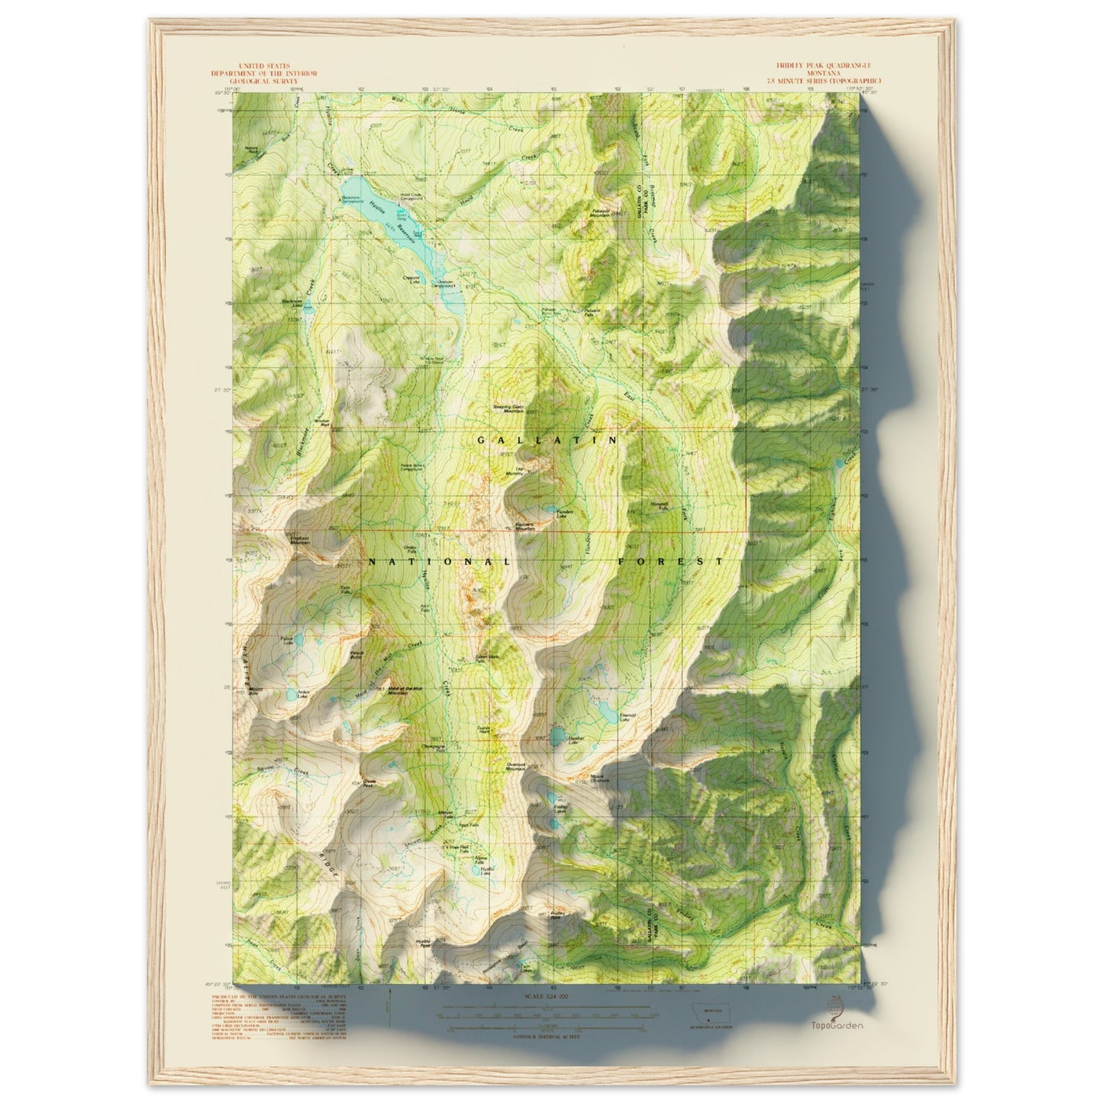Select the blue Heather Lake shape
click(558, 736)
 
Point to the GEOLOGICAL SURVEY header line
click(266, 79)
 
